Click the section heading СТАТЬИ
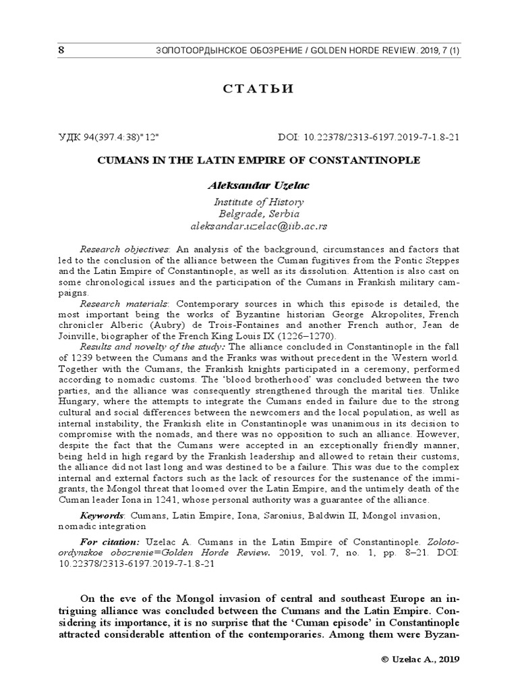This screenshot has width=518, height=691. pos(258,90)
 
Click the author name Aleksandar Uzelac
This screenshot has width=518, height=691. pos(258,184)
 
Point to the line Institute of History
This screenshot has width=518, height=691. pos(258,202)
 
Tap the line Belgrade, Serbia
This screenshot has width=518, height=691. pos(258,214)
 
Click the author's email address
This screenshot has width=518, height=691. pos(258,226)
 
